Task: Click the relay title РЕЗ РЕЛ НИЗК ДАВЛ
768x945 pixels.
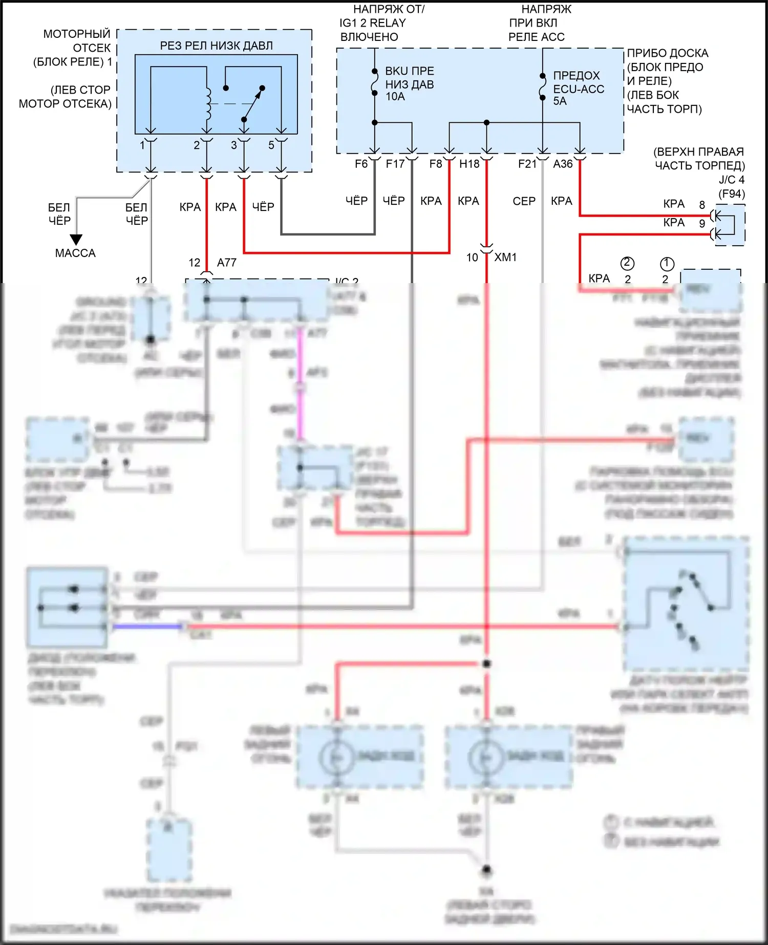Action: [x=216, y=46]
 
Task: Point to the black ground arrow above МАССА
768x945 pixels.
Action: [x=76, y=240]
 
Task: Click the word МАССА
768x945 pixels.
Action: [x=75, y=253]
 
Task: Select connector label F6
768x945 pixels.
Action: [x=361, y=164]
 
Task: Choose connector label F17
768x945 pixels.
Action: [x=395, y=164]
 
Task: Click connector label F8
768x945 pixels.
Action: [x=436, y=164]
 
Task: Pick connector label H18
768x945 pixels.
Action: [x=469, y=164]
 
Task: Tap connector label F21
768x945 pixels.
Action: [x=527, y=164]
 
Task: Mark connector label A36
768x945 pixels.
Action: [x=563, y=164]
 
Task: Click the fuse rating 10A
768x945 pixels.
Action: [x=395, y=97]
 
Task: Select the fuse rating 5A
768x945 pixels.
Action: [x=560, y=101]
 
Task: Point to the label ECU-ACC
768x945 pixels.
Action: [x=579, y=89]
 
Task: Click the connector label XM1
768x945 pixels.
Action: [x=505, y=257]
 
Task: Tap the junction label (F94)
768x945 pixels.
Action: [x=732, y=194]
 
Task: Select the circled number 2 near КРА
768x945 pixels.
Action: [x=627, y=264]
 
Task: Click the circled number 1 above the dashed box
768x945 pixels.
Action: [x=667, y=264]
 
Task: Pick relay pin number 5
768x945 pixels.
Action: [x=271, y=145]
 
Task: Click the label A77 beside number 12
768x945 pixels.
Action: [x=227, y=263]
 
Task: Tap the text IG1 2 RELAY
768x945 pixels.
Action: [x=373, y=23]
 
